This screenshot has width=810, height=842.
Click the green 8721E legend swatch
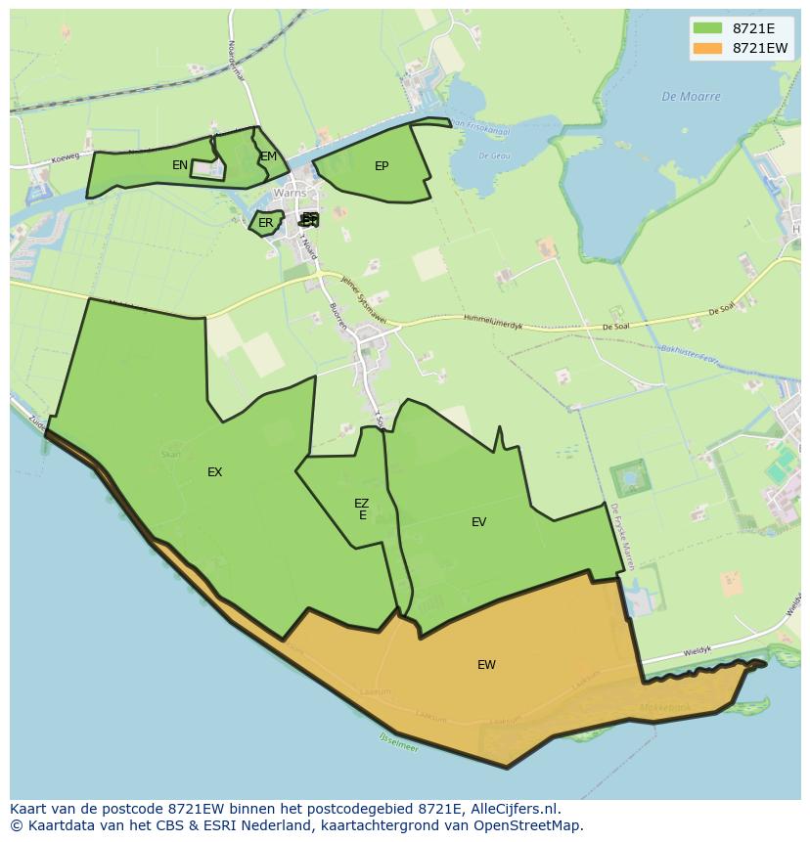coord(707,28)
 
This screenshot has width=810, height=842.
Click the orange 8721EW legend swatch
coord(707,49)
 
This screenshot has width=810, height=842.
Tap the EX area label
coord(215,472)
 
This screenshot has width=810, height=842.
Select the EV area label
coord(478,522)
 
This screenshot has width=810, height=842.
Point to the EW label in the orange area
coord(486,665)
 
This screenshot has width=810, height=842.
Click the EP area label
coord(382,166)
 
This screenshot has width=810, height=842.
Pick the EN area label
coord(180,165)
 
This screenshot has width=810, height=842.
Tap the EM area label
coord(268,156)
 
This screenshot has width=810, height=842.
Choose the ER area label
coord(265,223)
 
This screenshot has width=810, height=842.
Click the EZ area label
coord(362,504)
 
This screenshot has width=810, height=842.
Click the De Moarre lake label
coord(691,97)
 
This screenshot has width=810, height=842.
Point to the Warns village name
coord(290,194)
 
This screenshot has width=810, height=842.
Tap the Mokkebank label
coord(665,707)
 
